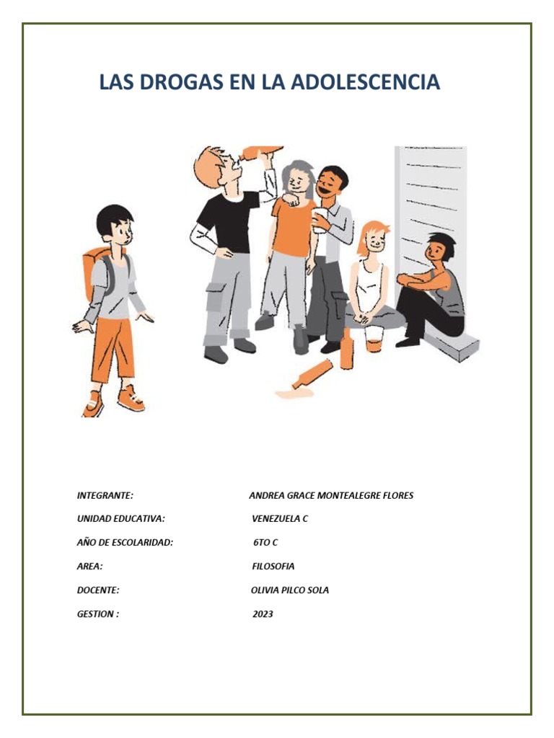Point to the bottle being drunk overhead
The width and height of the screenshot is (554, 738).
[x=261, y=153]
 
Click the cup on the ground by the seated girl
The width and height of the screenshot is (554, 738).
[x=374, y=338]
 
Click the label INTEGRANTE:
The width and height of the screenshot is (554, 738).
[x=105, y=496]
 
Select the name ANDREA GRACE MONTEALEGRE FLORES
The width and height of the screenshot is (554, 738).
[x=331, y=496]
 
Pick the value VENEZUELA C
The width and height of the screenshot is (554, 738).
[x=280, y=519]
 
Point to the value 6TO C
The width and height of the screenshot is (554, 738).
[x=265, y=543]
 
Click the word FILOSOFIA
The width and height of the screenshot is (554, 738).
[x=273, y=566]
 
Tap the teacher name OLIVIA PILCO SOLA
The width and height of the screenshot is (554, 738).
[x=289, y=590]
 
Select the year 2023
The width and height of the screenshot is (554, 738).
[x=263, y=614]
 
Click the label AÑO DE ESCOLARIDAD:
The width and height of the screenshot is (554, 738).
[x=126, y=543]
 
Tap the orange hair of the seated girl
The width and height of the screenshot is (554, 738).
[x=373, y=231]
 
